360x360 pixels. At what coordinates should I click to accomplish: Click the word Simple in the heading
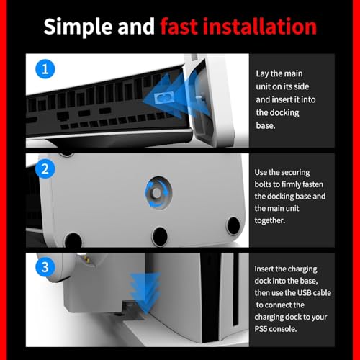pyautogui.click(x=78, y=27)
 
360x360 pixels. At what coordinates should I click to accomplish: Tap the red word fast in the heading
pyautogui.click(x=179, y=26)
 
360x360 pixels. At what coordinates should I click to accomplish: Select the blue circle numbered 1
pyautogui.click(x=45, y=69)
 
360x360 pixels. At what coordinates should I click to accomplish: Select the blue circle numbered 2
pyautogui.click(x=45, y=169)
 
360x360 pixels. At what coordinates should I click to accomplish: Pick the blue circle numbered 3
pyautogui.click(x=45, y=267)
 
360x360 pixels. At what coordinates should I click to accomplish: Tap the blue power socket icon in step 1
pyautogui.click(x=164, y=98)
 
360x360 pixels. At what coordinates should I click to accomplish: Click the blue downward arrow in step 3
pyautogui.click(x=145, y=293)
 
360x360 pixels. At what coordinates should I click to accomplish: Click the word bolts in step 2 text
pyautogui.click(x=264, y=184)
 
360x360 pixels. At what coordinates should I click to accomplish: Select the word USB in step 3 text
pyautogui.click(x=303, y=293)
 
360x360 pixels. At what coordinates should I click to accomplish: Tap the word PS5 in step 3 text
pyautogui.click(x=261, y=329)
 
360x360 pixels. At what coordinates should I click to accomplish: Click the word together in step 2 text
pyautogui.click(x=270, y=220)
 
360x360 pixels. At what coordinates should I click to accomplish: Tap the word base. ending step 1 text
pyautogui.click(x=266, y=125)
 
